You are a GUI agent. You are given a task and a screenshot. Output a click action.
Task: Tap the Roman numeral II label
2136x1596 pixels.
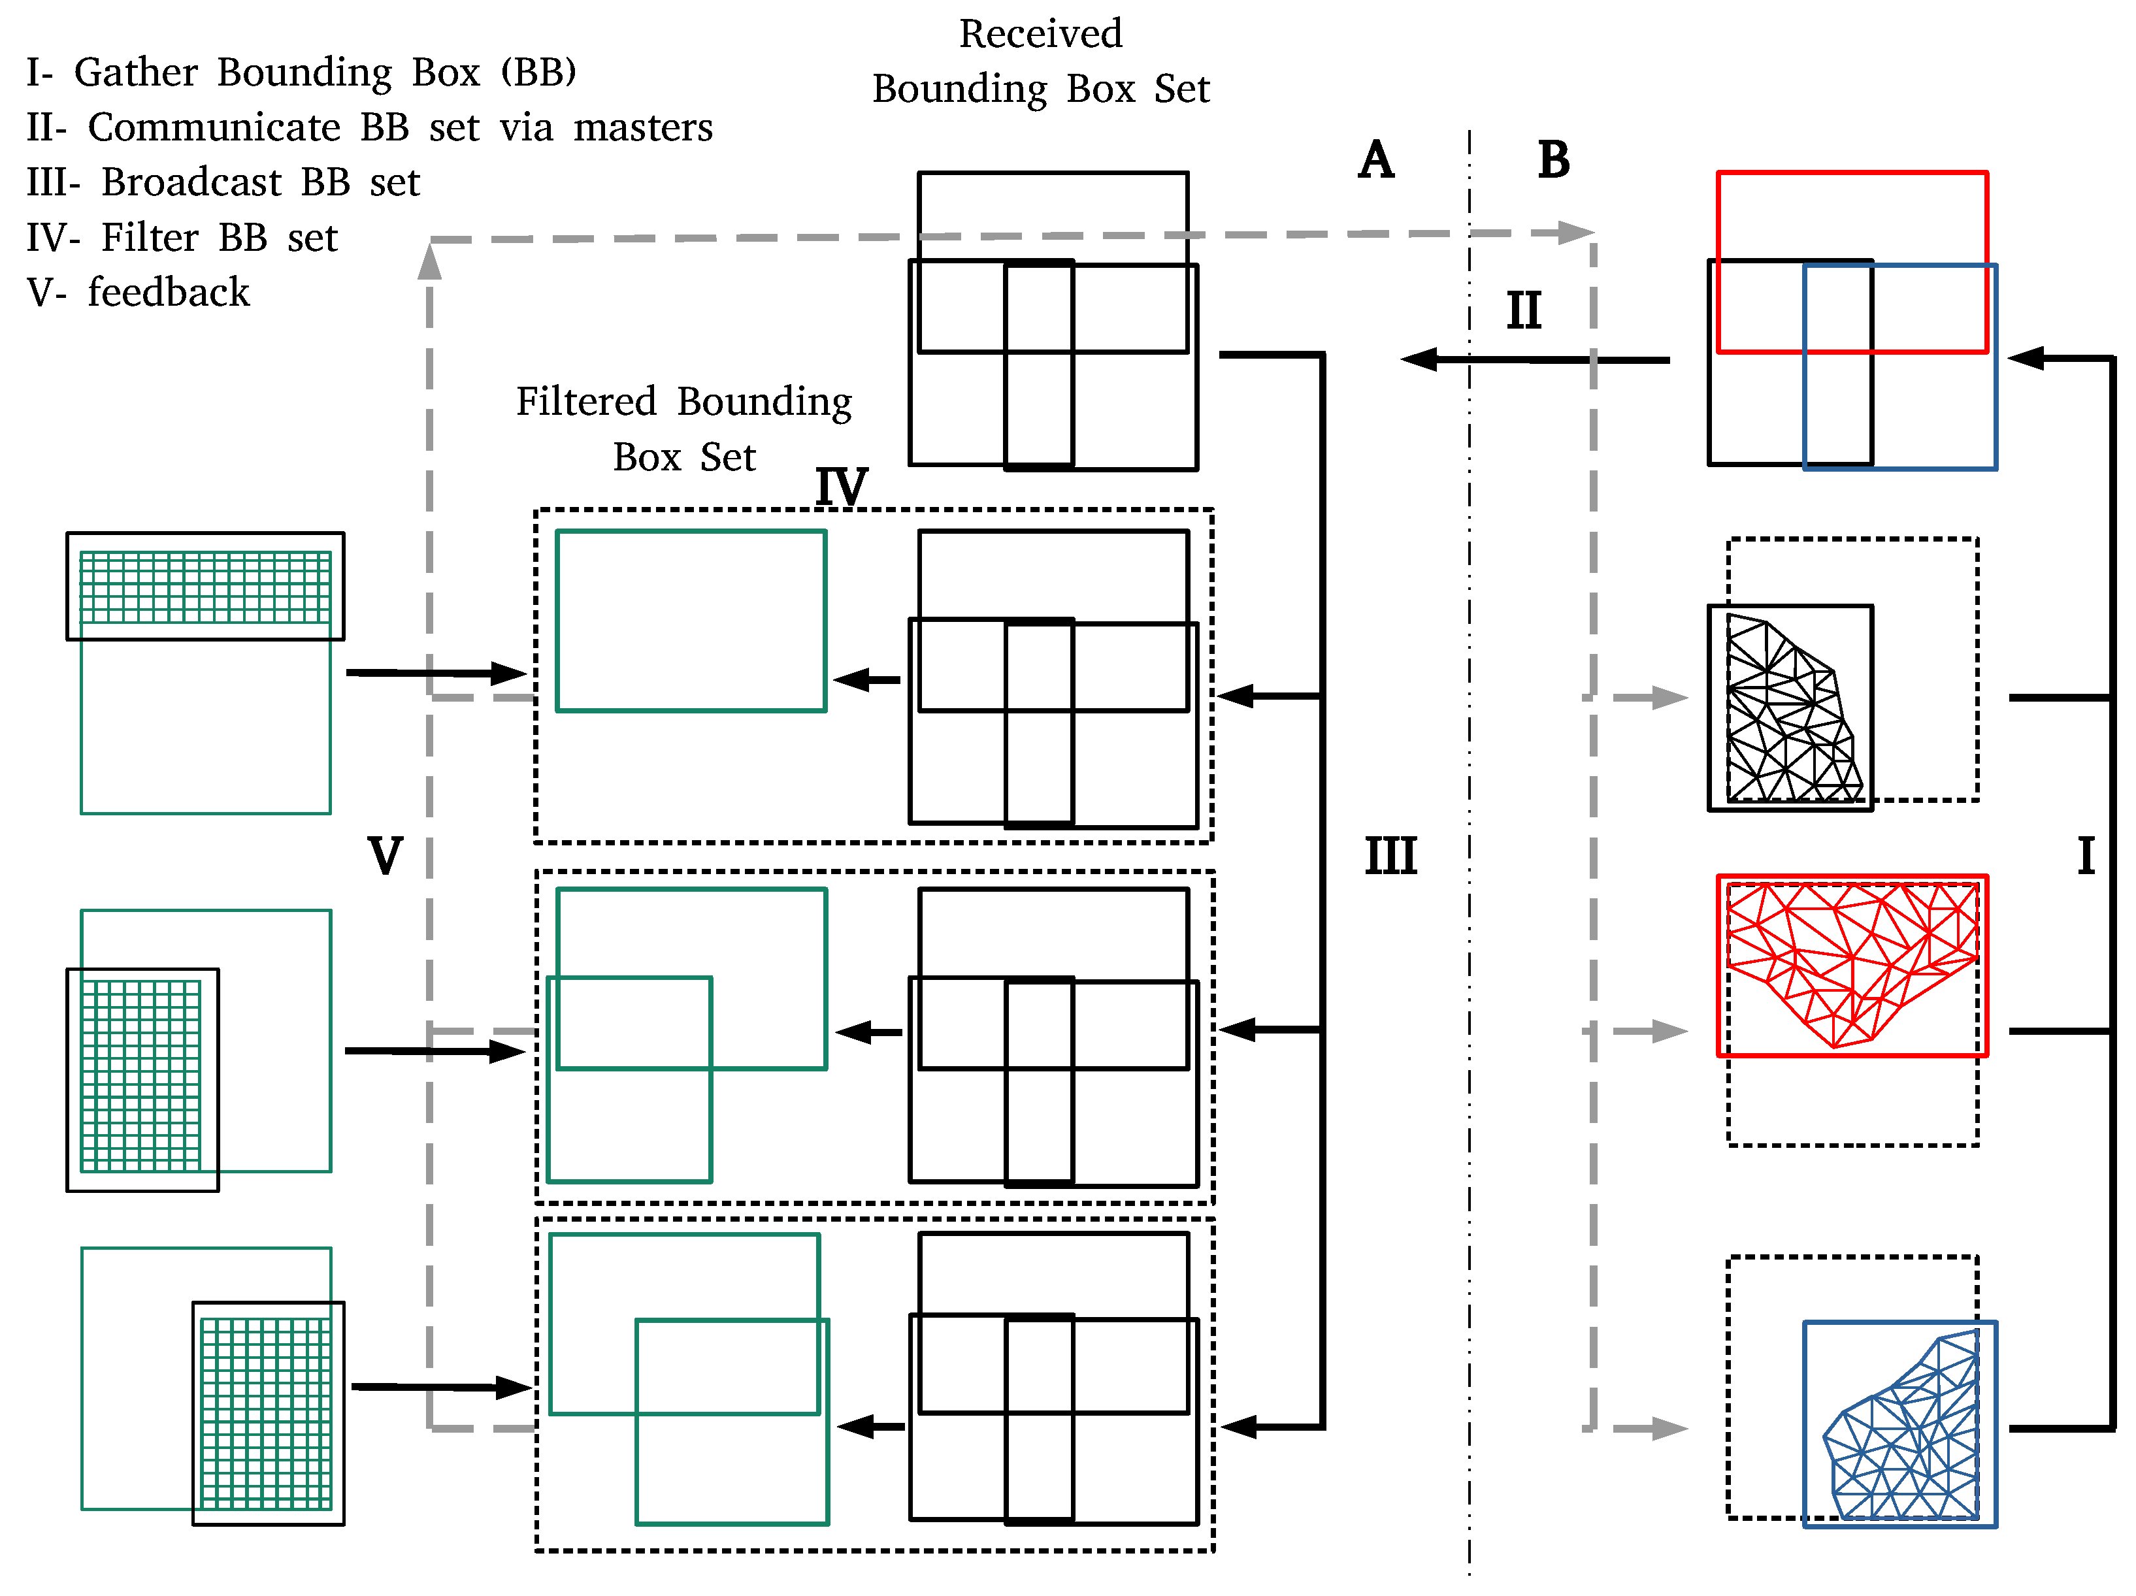1523,312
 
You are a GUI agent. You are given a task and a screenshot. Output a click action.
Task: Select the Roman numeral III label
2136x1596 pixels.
1390,856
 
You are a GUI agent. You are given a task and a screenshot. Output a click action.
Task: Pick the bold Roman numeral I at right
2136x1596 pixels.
2086,856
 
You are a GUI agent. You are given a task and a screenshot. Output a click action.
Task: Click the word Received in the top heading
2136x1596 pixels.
1040,35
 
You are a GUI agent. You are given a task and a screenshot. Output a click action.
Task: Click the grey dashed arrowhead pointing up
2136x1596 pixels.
430,261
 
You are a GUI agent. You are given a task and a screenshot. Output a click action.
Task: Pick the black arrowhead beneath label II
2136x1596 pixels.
1417,360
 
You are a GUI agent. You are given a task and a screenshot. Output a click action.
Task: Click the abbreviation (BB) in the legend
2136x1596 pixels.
538,73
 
